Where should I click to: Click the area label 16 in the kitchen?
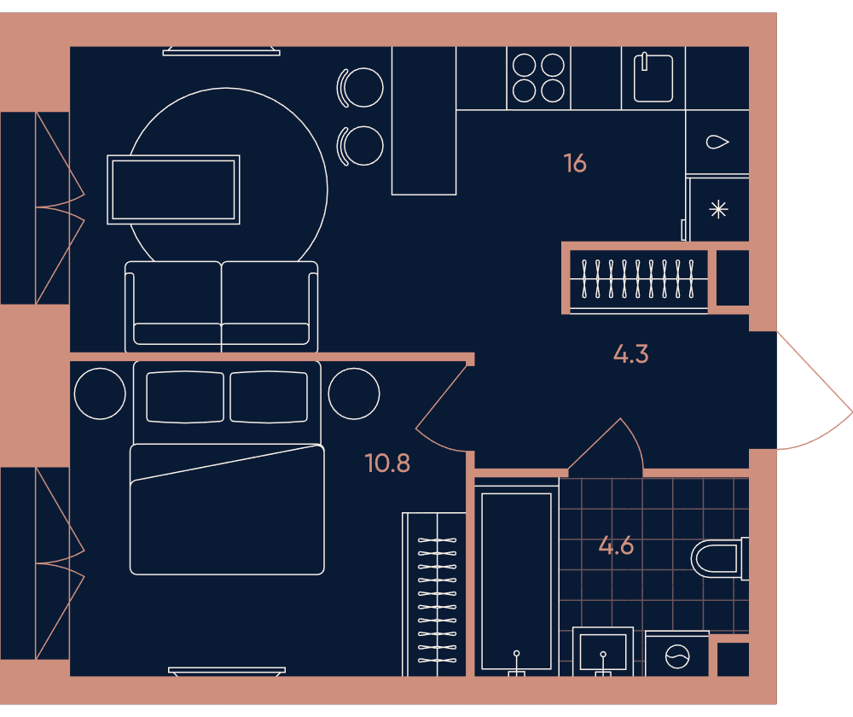(575, 163)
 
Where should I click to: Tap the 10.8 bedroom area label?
(387, 463)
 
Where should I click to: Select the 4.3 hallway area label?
(631, 354)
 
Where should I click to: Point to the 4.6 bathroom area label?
(617, 545)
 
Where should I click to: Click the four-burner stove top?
(538, 78)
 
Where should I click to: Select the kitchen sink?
(653, 78)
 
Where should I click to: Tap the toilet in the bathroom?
(720, 558)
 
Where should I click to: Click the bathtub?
(516, 580)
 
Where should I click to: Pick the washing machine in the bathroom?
(677, 655)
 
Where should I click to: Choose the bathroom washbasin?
(603, 651)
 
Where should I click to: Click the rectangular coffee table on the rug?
(173, 189)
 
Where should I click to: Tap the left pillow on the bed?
(185, 397)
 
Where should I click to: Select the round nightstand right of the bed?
(354, 393)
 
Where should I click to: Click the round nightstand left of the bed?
(100, 393)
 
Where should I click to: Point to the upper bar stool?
(360, 87)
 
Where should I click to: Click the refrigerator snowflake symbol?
(718, 210)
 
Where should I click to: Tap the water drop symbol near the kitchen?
(717, 142)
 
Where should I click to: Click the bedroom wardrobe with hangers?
(434, 594)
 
